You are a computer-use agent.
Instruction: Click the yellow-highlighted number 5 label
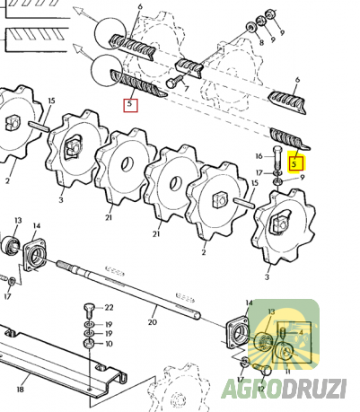click(x=295, y=164)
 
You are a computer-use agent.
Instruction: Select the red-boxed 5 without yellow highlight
click(x=131, y=105)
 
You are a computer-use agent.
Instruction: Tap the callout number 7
click(x=187, y=89)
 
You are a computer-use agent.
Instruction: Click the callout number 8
click(x=262, y=42)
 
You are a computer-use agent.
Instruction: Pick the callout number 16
click(x=259, y=156)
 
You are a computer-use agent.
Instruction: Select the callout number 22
click(x=109, y=308)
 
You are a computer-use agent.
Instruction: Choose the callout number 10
click(x=109, y=344)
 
